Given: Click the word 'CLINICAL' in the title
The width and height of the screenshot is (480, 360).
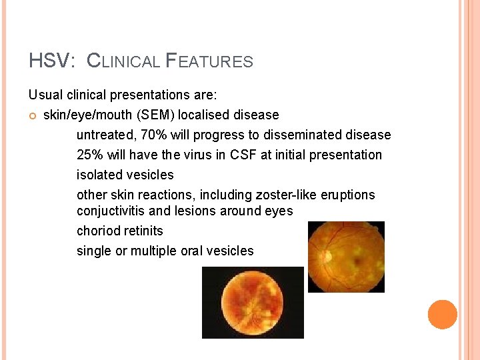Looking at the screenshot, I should [124, 61].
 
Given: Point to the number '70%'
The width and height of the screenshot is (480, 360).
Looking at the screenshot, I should [153, 135].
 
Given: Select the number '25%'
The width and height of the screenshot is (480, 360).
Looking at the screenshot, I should [90, 155].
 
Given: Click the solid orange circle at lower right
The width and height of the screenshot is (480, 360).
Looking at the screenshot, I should [443, 315].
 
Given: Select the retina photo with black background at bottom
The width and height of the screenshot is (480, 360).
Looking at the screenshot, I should [253, 302].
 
